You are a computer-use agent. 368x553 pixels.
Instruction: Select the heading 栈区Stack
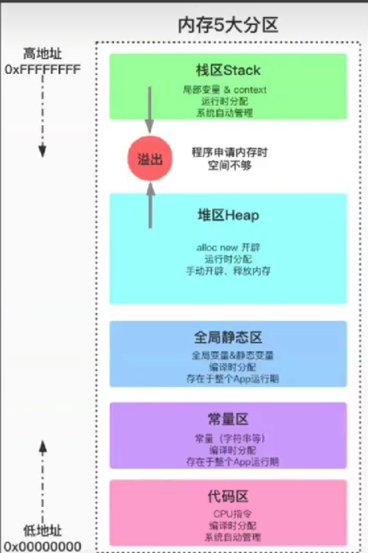(228, 70)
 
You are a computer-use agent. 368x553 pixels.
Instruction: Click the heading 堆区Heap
(228, 215)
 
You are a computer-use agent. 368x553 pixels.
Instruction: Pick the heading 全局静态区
(228, 338)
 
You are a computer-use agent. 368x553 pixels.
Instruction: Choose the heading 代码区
(228, 496)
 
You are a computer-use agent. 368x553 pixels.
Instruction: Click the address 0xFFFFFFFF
(43, 69)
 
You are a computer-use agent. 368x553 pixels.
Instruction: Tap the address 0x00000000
(43, 547)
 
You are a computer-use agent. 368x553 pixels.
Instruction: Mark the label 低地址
(43, 531)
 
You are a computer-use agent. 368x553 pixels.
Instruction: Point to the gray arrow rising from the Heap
(150, 205)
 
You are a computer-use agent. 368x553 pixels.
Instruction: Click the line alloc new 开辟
(228, 247)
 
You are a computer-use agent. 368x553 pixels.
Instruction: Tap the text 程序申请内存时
(229, 153)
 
